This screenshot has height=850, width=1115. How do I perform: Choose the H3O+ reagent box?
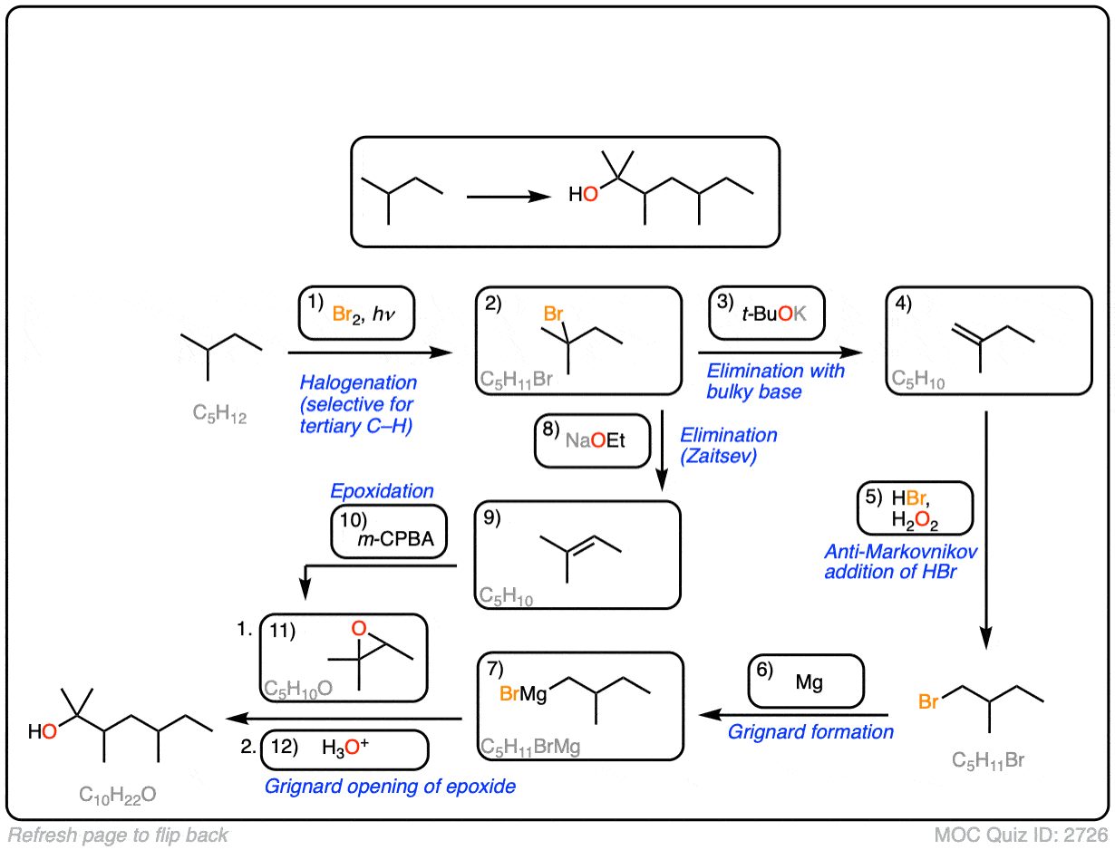tap(344, 749)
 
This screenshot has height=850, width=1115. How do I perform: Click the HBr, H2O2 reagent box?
tap(916, 507)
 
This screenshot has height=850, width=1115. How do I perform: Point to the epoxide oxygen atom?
tap(359, 629)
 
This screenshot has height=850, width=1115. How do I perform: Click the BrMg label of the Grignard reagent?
tap(523, 695)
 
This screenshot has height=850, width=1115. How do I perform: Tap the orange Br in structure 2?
tap(553, 314)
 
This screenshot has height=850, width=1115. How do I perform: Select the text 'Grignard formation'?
tap(810, 731)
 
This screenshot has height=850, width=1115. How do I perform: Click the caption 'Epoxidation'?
tap(382, 491)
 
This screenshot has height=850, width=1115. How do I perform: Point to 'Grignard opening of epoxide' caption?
tap(390, 786)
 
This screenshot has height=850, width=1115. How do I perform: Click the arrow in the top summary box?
tap(509, 195)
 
